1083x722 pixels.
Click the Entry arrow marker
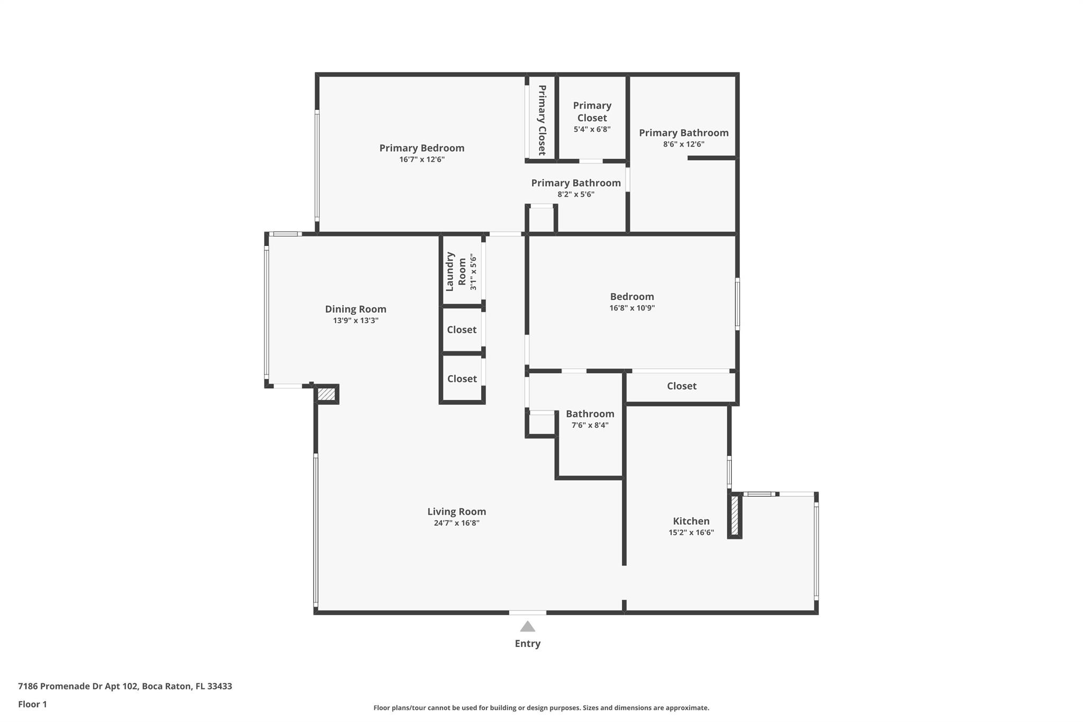[x=527, y=626]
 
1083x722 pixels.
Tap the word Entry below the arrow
[x=527, y=644]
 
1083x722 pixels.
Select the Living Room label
[x=456, y=511]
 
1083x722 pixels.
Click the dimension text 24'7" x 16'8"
[x=456, y=523]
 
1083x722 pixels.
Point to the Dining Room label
[x=355, y=309]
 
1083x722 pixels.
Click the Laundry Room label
[x=455, y=271]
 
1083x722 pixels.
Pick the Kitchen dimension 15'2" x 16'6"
[x=691, y=533]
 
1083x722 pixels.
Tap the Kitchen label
[x=691, y=521]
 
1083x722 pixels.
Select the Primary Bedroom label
[x=421, y=148]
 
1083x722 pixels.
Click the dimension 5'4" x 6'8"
[x=592, y=129]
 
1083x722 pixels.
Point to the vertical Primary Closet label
[x=542, y=120]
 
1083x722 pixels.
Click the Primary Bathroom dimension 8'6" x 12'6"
[x=684, y=144]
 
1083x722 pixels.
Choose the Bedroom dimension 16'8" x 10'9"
[x=632, y=308]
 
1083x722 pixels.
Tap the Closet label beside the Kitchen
[x=682, y=386]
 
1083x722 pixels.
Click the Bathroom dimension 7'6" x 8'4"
[x=590, y=425]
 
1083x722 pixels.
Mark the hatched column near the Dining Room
[x=326, y=394]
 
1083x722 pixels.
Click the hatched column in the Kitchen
[x=735, y=516]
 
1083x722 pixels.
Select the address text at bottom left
[x=125, y=687]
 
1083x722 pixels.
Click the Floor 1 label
[x=32, y=705]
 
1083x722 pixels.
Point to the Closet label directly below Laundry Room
[x=462, y=330]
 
